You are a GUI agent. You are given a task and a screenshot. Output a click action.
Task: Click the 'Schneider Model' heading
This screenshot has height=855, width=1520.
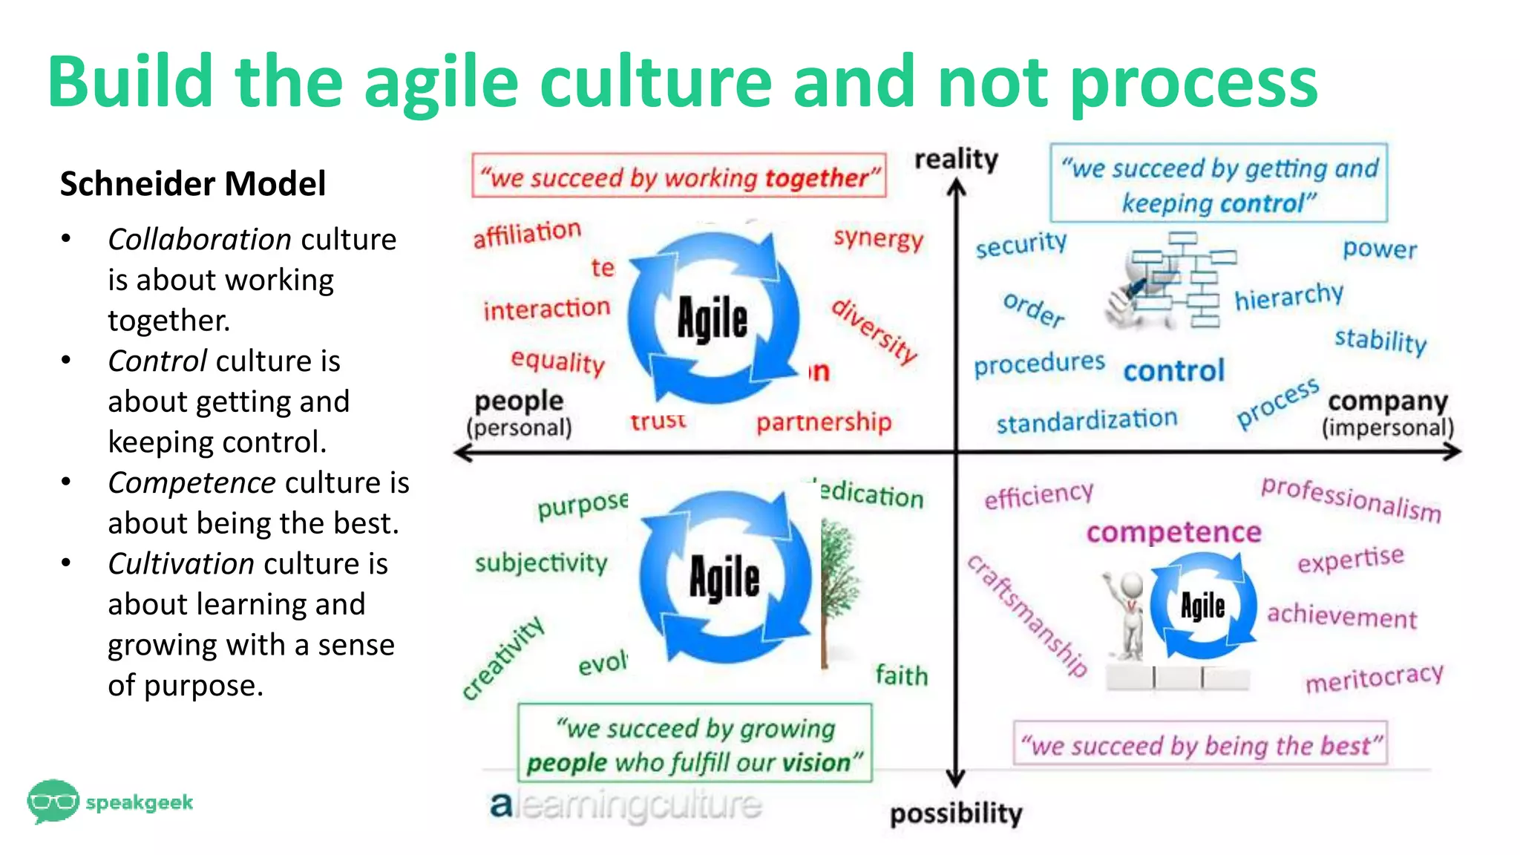click(x=192, y=183)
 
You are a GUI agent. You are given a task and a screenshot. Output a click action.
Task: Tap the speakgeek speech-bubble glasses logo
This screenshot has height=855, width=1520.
click(x=53, y=801)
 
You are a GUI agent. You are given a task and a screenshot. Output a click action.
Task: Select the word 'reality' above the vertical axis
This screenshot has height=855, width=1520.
click(x=956, y=159)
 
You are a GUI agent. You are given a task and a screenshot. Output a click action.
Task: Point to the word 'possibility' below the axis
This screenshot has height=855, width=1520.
click(x=956, y=813)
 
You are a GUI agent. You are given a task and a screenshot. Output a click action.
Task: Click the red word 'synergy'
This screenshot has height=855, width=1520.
click(x=878, y=238)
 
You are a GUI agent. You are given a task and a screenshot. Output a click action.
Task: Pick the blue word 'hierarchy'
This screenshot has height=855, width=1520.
click(x=1288, y=297)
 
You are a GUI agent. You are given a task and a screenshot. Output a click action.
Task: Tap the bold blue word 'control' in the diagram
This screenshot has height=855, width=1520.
click(x=1173, y=370)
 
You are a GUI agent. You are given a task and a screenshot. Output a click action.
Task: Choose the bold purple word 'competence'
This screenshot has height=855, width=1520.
click(x=1173, y=532)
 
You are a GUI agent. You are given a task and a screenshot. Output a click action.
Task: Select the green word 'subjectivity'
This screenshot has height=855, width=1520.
click(x=541, y=563)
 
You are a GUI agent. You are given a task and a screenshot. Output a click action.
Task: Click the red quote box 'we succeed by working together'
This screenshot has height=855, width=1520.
click(x=678, y=177)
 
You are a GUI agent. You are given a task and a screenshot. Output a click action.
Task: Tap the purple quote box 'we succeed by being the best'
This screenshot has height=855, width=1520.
click(x=1200, y=744)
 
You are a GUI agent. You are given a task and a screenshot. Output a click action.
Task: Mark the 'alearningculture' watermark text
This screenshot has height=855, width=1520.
click(x=626, y=805)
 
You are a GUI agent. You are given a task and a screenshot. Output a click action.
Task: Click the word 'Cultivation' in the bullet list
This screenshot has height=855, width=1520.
click(x=181, y=564)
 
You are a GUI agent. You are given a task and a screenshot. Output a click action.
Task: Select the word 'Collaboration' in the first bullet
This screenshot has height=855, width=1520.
click(x=199, y=240)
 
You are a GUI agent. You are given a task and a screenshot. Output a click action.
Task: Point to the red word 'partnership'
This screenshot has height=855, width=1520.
click(x=823, y=422)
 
